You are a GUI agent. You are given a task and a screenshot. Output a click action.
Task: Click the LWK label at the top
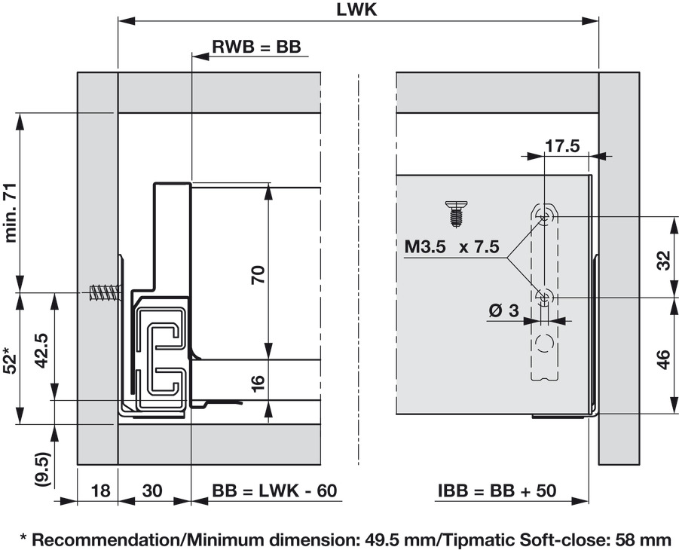358,10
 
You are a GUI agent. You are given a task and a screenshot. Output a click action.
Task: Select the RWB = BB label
256,47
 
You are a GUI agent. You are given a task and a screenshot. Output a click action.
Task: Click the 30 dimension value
152,491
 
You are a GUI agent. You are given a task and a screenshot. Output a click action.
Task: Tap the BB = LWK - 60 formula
274,491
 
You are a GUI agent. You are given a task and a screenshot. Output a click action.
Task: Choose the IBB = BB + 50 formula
497,491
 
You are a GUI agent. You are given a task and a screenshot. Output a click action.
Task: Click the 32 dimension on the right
663,261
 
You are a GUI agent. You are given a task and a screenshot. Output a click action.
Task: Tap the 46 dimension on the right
663,359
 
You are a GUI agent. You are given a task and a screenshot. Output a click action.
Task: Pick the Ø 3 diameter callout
503,310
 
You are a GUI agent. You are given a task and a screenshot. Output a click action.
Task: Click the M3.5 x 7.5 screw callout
451,247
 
